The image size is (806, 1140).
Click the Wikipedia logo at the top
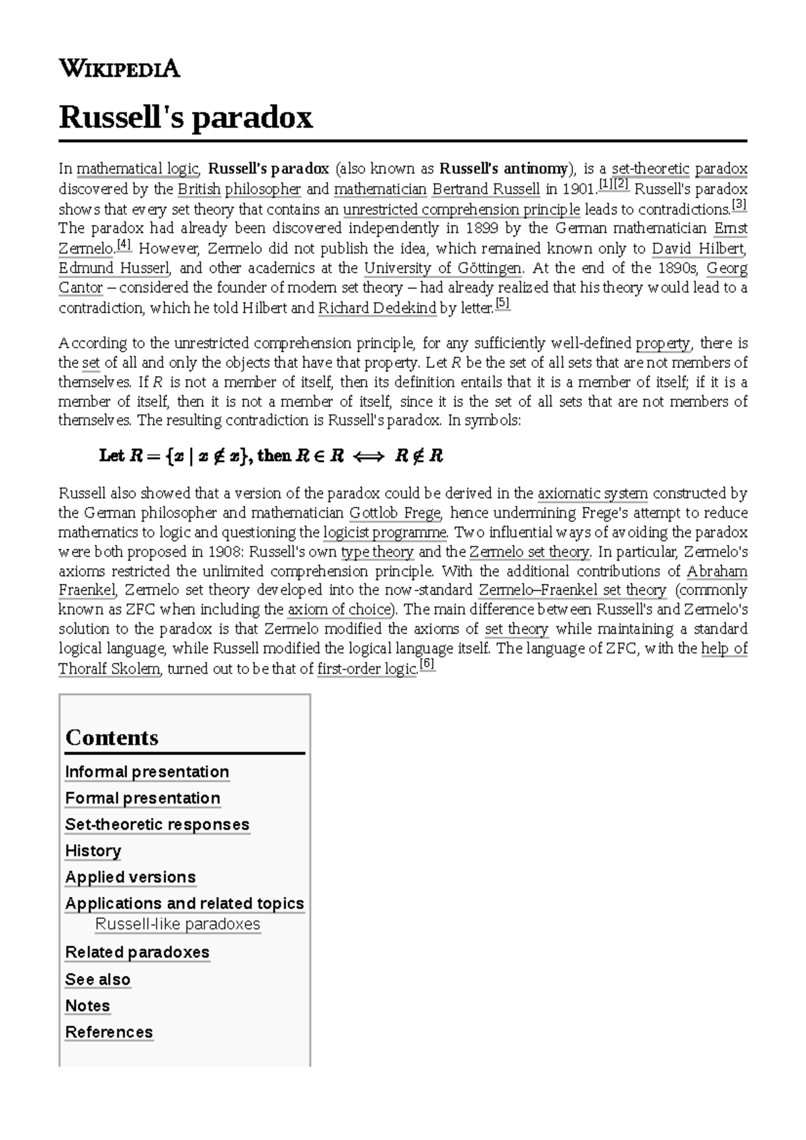(x=120, y=68)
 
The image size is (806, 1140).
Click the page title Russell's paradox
(x=186, y=117)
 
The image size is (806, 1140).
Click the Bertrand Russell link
(x=486, y=189)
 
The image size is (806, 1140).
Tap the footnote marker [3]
(x=739, y=204)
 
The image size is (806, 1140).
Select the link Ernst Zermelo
(x=730, y=228)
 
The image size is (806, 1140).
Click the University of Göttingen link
(x=443, y=268)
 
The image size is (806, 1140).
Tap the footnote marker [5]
(x=502, y=304)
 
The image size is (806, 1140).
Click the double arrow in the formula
(x=368, y=457)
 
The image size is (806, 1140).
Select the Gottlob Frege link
(x=394, y=513)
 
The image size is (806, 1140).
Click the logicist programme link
(x=385, y=532)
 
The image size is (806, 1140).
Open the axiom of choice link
(x=339, y=610)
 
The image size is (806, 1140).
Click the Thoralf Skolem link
(x=109, y=669)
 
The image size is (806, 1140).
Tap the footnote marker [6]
(x=427, y=665)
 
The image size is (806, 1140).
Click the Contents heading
(x=112, y=737)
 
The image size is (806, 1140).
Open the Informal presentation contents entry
(x=147, y=771)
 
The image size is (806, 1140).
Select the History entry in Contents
(x=93, y=851)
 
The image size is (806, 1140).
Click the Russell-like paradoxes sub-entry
(x=177, y=924)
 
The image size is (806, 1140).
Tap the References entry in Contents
(x=109, y=1032)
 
